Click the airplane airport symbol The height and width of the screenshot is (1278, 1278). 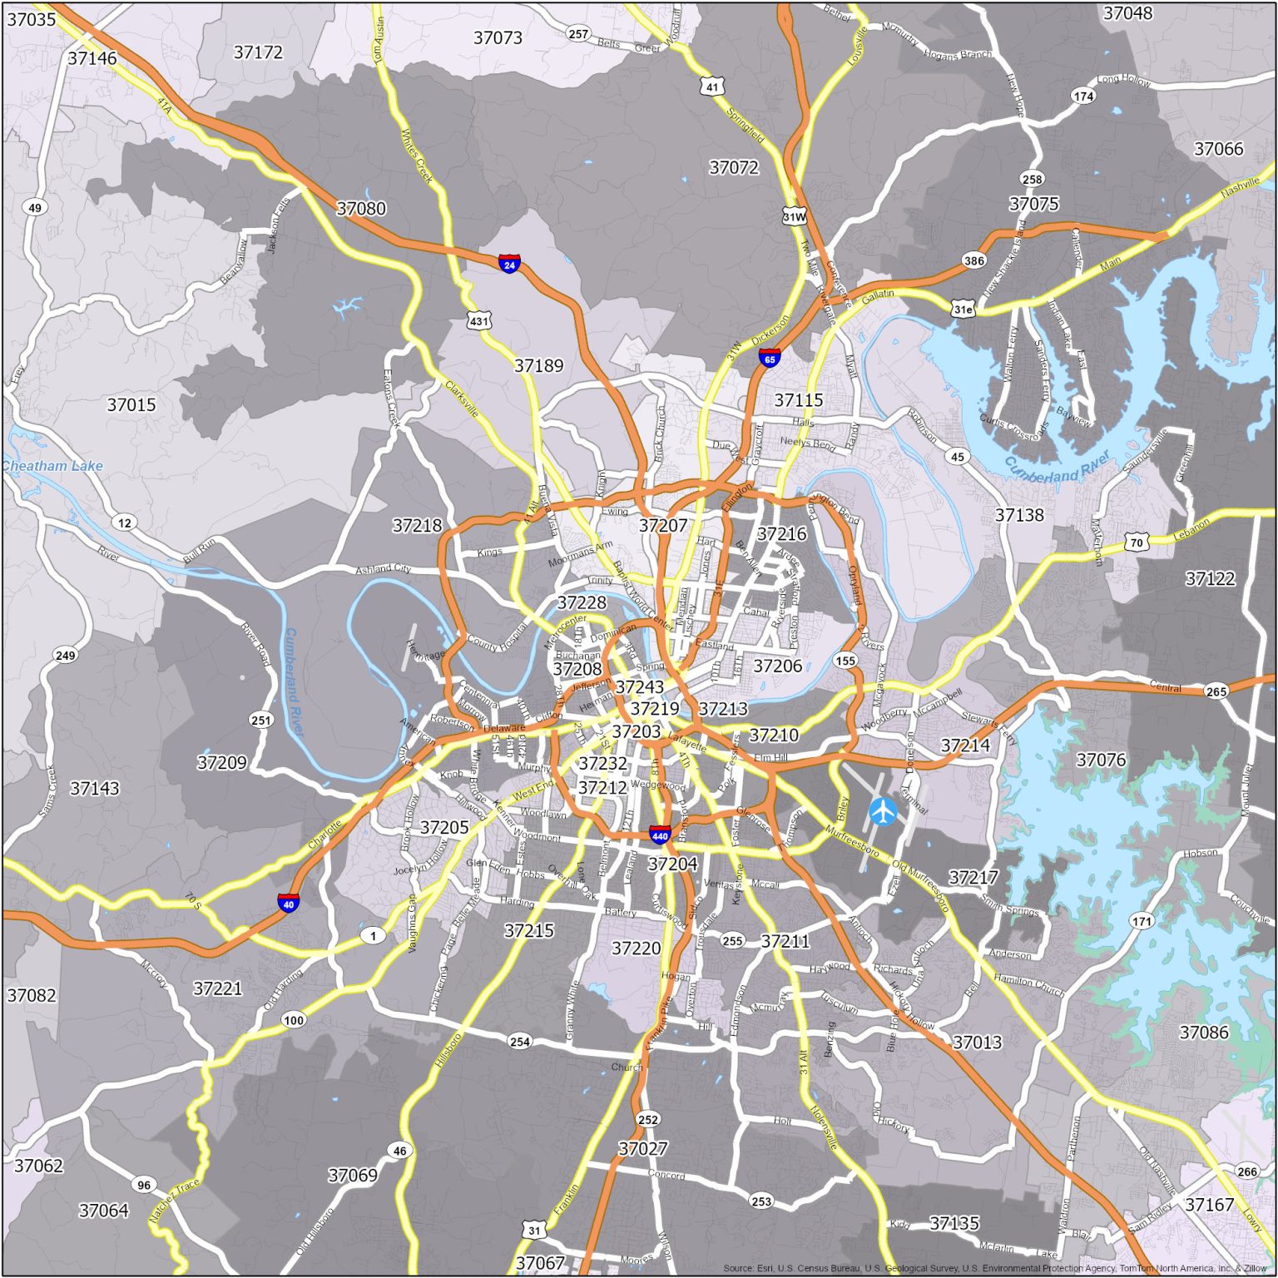tap(883, 810)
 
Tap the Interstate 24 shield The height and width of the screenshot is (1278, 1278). tap(509, 265)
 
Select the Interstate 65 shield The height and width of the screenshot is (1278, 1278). tap(770, 359)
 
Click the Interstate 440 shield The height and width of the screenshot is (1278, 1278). tap(660, 835)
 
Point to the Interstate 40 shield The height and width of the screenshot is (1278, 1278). tap(289, 903)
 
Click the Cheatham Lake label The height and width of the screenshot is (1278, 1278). tap(52, 466)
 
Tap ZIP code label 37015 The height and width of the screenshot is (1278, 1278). tap(131, 405)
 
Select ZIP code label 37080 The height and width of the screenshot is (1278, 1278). tap(361, 208)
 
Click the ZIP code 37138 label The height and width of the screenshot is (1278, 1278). tap(1019, 515)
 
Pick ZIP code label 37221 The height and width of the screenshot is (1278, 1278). tap(218, 988)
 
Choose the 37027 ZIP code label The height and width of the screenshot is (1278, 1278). tap(643, 1149)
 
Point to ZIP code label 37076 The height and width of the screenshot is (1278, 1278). tap(1101, 760)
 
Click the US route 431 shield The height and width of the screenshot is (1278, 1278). tap(479, 320)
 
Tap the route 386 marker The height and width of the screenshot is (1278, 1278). tap(973, 260)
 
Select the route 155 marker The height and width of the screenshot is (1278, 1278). tap(845, 661)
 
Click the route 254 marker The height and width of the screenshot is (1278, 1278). tap(520, 1041)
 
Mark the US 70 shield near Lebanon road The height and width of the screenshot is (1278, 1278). tap(1136, 542)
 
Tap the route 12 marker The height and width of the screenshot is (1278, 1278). tap(125, 523)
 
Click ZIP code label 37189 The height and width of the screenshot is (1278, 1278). tap(538, 366)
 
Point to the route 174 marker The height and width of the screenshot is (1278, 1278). tap(1083, 97)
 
